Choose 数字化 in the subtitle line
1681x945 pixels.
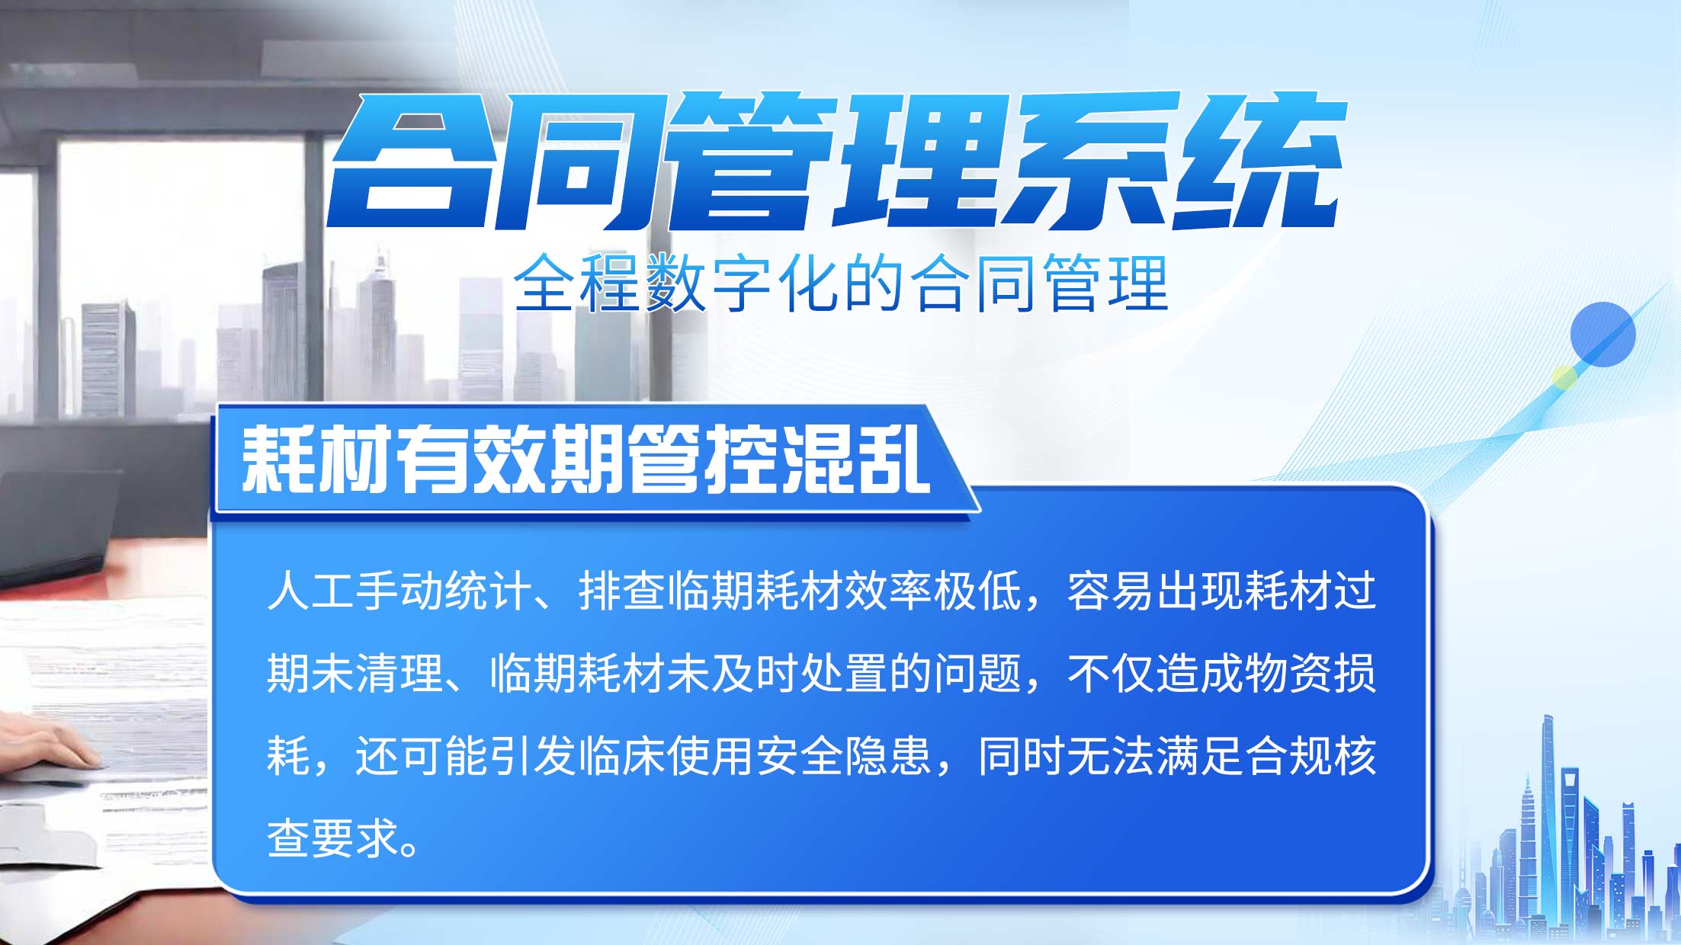743,283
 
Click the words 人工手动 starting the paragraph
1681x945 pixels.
354,591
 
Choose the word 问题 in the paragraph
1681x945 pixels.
977,674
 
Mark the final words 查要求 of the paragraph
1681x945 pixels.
333,838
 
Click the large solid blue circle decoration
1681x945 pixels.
1602,335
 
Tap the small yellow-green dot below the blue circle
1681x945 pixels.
1564,378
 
